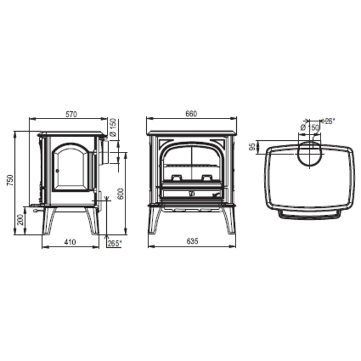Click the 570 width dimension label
click(72, 114)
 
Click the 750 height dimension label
click(10, 180)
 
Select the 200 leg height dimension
click(21, 219)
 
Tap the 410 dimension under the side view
click(70, 242)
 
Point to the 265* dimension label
click(115, 243)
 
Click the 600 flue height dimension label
click(120, 194)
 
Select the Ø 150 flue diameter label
click(113, 127)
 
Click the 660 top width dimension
click(191, 114)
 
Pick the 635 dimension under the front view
click(192, 241)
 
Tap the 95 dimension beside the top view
click(252, 147)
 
